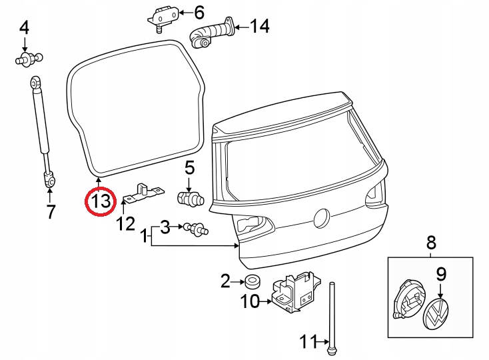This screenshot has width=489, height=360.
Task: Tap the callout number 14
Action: (259, 27)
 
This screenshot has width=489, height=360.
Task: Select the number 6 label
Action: (199, 12)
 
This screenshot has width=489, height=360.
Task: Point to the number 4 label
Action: (24, 28)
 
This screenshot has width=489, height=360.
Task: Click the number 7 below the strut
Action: (50, 213)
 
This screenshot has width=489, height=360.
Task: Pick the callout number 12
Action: (126, 223)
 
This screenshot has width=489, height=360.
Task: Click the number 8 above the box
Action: (431, 242)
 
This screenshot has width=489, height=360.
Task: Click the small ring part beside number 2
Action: (252, 281)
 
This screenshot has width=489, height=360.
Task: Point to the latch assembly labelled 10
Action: (293, 291)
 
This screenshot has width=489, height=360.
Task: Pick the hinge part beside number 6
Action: (161, 16)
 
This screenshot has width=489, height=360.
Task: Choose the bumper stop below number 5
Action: (190, 198)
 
